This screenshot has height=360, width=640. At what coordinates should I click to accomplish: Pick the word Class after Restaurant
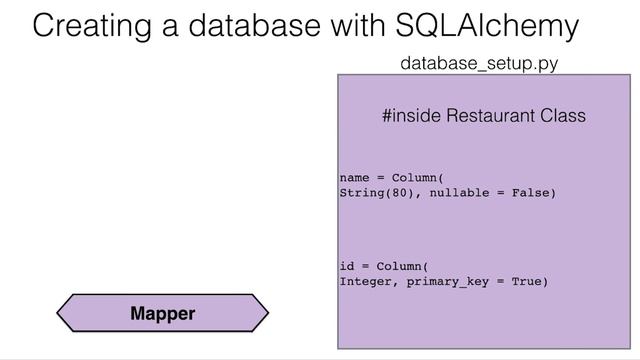pyautogui.click(x=562, y=117)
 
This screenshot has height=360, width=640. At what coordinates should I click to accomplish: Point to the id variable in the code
pyautogui.click(x=347, y=266)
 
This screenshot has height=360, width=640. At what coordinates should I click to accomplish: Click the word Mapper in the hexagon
pyautogui.click(x=163, y=313)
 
